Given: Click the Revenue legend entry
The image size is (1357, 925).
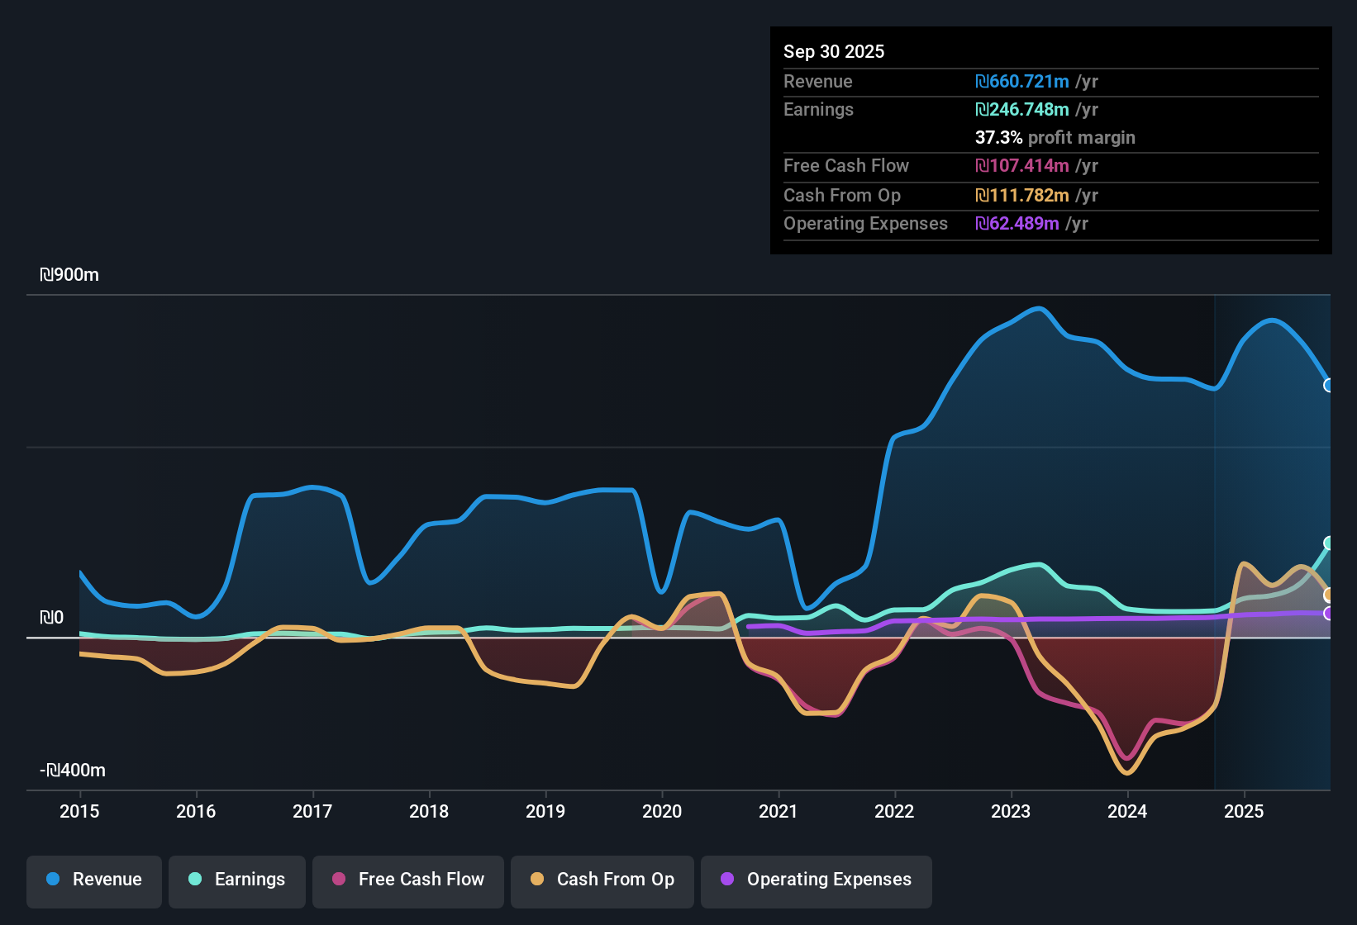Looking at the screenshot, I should coord(94,880).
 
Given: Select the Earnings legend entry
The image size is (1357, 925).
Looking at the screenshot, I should coord(237,880).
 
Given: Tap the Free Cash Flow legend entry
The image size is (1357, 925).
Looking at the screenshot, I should coord(408,880).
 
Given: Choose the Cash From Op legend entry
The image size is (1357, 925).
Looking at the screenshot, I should coord(602,880).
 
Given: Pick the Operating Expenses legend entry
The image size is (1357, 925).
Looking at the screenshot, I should coord(817,880).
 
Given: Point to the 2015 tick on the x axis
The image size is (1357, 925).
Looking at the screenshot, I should coord(79,811).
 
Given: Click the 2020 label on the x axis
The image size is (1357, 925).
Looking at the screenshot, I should coord(662,811).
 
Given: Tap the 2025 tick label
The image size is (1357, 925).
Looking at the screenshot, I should coord(1244,811).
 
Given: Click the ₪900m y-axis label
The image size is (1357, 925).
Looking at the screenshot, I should coord(69,275).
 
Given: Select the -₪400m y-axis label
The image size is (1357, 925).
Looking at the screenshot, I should coord(73,771).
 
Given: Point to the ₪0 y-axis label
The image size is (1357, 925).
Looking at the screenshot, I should coord(51,618).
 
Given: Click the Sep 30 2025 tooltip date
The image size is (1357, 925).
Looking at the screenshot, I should coord(833,52).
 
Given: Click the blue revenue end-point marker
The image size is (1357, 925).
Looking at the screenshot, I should coord(1329,386).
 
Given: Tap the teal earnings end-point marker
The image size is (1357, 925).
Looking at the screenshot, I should coord(1329,543).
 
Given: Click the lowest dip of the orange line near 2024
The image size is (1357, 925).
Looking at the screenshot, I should coord(1127,773).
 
